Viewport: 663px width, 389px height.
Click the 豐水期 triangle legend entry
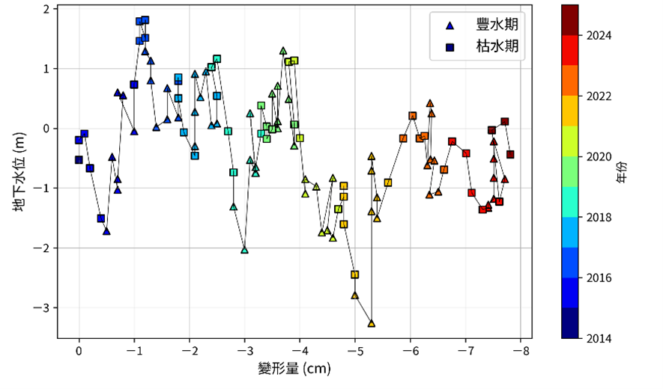pyautogui.click(x=450, y=25)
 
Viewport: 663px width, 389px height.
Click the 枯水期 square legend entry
pyautogui.click(x=450, y=47)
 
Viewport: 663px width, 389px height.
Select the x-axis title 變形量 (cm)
pyautogui.click(x=294, y=369)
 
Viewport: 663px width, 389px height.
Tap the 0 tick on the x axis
pyautogui.click(x=79, y=349)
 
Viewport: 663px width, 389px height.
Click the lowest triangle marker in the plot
pyautogui.click(x=372, y=323)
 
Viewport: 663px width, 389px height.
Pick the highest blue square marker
pyautogui.click(x=145, y=20)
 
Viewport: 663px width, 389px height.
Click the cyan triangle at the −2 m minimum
pyautogui.click(x=244, y=250)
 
